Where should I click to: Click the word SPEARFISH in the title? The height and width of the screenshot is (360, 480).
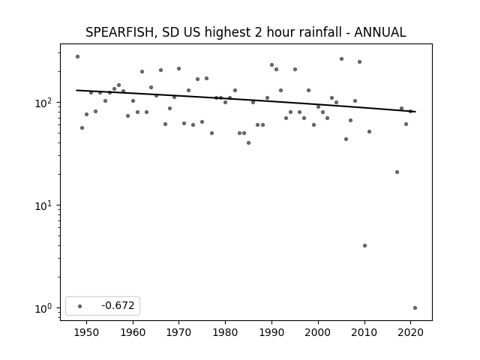(119, 32)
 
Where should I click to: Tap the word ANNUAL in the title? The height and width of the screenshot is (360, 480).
(380, 32)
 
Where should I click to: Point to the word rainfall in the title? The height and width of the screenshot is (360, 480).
(318, 32)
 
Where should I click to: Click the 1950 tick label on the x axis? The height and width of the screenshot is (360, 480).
(87, 332)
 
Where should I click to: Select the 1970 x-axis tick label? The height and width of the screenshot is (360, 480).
(179, 332)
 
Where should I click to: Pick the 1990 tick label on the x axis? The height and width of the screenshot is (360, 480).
(271, 332)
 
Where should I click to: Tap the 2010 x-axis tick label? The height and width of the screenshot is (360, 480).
(364, 332)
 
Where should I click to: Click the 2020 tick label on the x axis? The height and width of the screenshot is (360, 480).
(410, 332)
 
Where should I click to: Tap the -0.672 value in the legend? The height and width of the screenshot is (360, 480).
(118, 305)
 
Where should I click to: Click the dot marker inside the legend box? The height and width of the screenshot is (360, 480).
(80, 306)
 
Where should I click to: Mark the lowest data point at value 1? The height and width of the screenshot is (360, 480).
(415, 308)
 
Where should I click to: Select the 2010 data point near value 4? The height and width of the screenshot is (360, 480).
(364, 245)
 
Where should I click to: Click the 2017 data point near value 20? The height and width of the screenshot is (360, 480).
(397, 172)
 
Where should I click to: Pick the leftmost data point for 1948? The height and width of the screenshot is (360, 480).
(77, 57)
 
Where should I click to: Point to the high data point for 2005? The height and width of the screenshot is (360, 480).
(342, 58)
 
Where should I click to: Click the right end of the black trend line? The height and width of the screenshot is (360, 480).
(415, 112)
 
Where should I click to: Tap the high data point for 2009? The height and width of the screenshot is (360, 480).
(360, 61)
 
